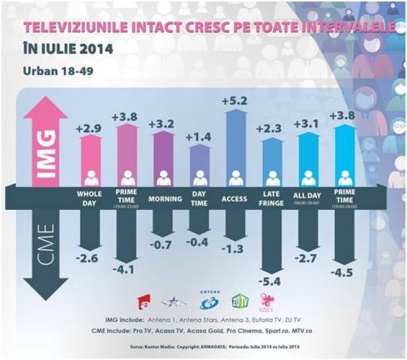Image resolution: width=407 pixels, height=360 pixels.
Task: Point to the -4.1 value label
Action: (127, 270)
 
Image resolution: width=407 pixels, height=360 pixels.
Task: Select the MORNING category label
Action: (163, 199)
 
